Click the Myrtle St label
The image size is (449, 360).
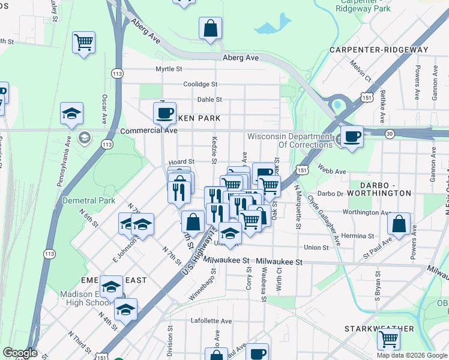pyautogui.click(x=168, y=69)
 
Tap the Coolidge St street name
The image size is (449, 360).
pyautogui.click(x=200, y=85)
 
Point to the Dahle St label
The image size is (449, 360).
pyautogui.click(x=209, y=100)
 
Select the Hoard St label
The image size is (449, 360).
pyautogui.click(x=181, y=161)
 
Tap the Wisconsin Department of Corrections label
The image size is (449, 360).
pyautogui.click(x=290, y=140)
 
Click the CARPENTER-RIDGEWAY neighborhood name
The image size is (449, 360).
pyautogui.click(x=379, y=50)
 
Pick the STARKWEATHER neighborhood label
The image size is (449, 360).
pyautogui.click(x=379, y=329)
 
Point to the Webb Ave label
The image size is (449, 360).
pyautogui.click(x=332, y=172)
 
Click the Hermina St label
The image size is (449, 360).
pyautogui.click(x=357, y=236)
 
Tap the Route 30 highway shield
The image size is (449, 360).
pyautogui.click(x=390, y=134)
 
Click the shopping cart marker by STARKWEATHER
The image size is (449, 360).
pyautogui.click(x=388, y=340)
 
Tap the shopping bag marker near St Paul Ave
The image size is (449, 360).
pyautogui.click(x=399, y=225)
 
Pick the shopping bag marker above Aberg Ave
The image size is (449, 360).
pyautogui.click(x=210, y=28)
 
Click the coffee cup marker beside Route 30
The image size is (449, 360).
pyautogui.click(x=352, y=136)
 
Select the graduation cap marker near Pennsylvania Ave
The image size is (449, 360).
pyautogui.click(x=71, y=114)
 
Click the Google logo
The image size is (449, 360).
pyautogui.click(x=20, y=353)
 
